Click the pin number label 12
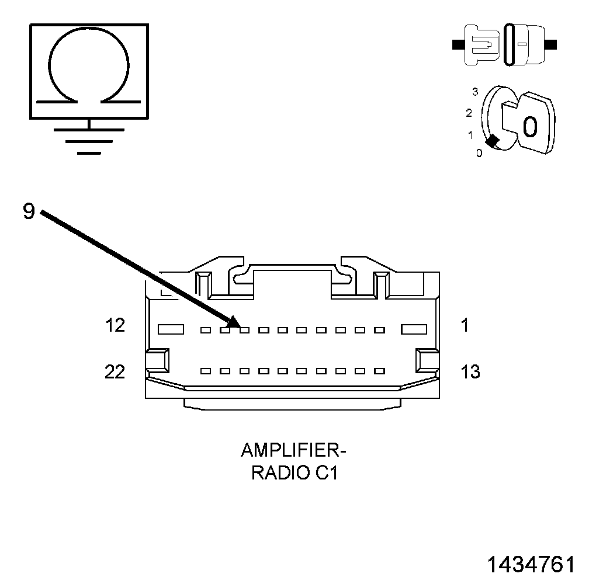115,326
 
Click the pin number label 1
465,325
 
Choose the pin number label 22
115,371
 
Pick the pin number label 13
470,371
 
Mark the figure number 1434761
531,565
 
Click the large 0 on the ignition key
529,127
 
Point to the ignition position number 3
475,92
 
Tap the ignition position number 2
469,112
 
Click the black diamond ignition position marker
493,141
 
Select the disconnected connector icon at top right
504,44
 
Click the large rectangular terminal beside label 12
171,330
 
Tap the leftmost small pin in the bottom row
205,371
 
